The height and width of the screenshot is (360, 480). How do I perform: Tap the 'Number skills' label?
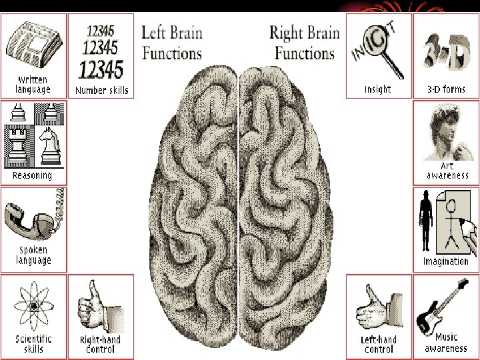pos(101,90)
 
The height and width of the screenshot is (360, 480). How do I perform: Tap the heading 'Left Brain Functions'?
pos(172,41)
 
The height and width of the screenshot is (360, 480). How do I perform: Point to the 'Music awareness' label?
pos(446,343)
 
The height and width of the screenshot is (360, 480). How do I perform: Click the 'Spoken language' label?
pos(33,255)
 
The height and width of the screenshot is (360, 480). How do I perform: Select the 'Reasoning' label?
pos(32,175)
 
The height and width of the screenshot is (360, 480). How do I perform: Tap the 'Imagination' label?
pos(445,261)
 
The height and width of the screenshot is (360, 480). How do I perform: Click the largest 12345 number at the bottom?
pos(101,69)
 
